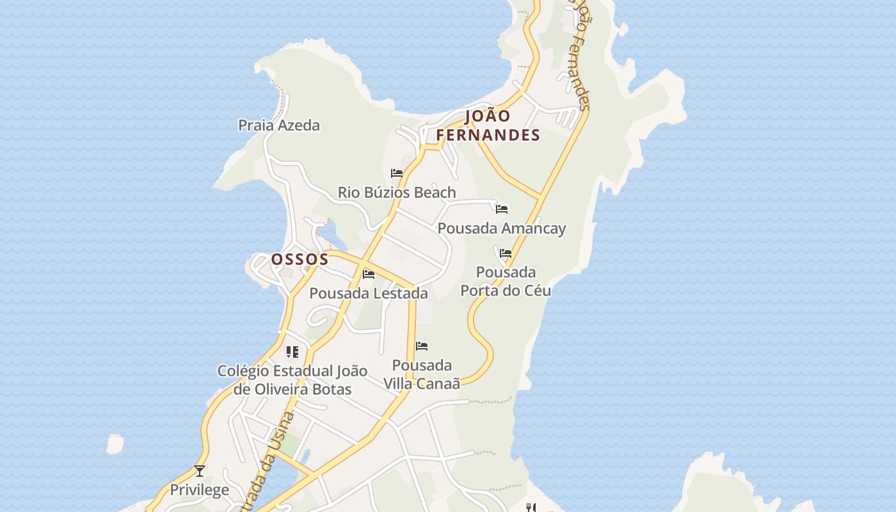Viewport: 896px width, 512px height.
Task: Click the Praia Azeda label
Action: pos(279,125)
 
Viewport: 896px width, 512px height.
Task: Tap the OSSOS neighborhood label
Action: pos(300,259)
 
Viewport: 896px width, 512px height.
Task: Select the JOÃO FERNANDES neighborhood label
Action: pos(488,125)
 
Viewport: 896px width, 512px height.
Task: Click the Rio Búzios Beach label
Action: pos(397,192)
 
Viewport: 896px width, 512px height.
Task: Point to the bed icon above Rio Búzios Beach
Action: pos(397,173)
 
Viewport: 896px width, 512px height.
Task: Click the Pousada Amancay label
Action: pos(502,228)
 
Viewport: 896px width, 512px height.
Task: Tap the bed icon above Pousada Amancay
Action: pos(502,209)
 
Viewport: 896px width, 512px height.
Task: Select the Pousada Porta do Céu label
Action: pos(506,281)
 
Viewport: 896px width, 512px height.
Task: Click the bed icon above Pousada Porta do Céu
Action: pos(506,253)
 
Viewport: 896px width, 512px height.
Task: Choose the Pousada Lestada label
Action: pos(369,293)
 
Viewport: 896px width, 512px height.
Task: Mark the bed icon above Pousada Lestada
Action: pos(369,275)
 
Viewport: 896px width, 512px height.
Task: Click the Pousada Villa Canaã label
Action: pos(422,374)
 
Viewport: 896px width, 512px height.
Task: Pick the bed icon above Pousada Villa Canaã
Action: pos(422,346)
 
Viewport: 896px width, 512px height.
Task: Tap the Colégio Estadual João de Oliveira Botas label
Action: pos(292,380)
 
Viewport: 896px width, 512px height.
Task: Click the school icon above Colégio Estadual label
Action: pos(292,351)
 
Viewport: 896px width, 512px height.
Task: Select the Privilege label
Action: pos(199,490)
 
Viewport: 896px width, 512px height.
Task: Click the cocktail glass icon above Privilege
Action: pos(200,471)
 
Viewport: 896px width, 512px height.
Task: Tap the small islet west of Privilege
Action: pos(115,444)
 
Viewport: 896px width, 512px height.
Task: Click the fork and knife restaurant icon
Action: pos(531,508)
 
